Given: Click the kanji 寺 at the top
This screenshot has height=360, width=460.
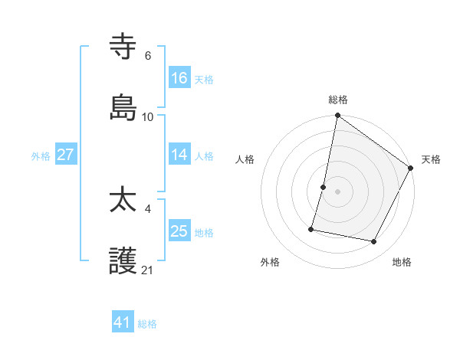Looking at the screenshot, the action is point(123,48).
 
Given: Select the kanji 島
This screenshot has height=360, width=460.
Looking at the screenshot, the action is point(123,108).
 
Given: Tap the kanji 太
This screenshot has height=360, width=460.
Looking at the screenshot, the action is point(123,201).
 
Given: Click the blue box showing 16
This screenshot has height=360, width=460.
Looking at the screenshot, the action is point(179,78).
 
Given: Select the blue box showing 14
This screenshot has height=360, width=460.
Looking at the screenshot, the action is point(179,155).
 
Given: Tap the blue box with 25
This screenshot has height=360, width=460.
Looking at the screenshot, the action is point(179,231).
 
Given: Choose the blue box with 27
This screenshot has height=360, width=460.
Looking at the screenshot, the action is point(66,155).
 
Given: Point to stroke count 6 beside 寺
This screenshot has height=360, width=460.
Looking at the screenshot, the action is point(148,56).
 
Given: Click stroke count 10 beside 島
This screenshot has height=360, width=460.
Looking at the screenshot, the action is point(148,116).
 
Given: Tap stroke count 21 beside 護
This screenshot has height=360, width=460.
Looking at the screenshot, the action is point(148,270).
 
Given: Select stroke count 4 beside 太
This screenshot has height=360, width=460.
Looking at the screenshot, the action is point(148,208).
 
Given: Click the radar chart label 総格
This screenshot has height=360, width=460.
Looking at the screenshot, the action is point(338,100).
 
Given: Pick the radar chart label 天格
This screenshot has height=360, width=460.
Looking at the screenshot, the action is point(431,159).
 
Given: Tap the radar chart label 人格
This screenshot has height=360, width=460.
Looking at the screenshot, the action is point(245,159).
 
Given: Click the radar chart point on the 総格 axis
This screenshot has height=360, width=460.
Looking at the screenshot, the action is point(337,116).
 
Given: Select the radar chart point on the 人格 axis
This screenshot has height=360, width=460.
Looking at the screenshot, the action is point(324,187).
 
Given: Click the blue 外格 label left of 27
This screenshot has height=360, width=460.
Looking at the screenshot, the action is point(41,155).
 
